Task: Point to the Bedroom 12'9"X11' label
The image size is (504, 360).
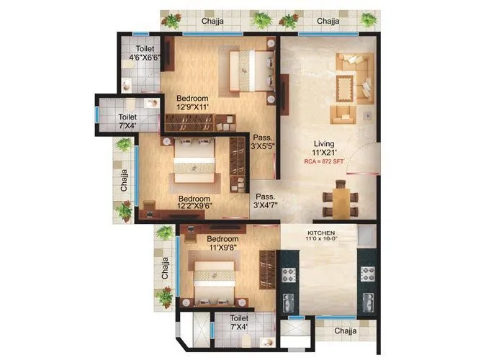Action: [x=193, y=103]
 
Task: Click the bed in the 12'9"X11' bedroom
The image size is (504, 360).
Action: [x=248, y=71]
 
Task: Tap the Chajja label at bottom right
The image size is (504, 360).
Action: [x=348, y=330]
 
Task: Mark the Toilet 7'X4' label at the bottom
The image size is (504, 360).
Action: [x=240, y=322]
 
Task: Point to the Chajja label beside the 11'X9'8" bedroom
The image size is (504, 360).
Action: [x=166, y=266]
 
